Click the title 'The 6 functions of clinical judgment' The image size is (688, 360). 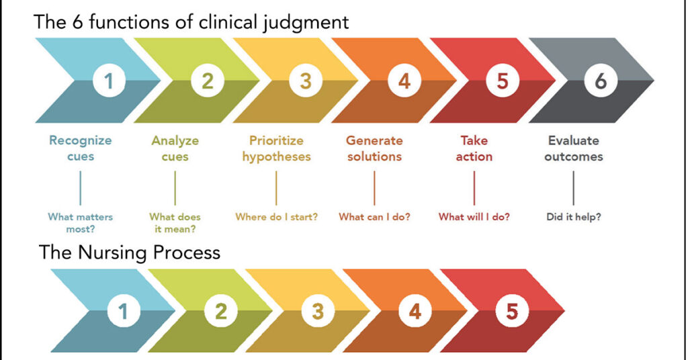tap(191, 21)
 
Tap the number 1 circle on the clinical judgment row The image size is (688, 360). tap(108, 81)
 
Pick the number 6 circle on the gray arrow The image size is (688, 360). tap(601, 81)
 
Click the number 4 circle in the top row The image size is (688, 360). tap(404, 81)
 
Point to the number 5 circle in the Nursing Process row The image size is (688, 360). tap(511, 312)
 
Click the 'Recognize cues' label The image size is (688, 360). tap(81, 148)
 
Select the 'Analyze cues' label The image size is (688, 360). tap(175, 148)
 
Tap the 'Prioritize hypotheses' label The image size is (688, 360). tap(276, 148)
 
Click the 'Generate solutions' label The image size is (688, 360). tap(374, 148)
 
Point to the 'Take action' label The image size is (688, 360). tap(474, 148)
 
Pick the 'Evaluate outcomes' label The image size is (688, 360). tap(574, 148)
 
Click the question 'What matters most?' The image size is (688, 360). tap(81, 223)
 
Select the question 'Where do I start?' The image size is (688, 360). tap(276, 217)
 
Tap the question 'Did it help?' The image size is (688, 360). tap(574, 217)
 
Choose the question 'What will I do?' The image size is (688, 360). tap(474, 217)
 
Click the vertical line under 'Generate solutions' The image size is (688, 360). tap(374, 187)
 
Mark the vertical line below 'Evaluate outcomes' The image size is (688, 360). tap(574, 187)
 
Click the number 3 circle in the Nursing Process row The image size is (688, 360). tap(318, 312)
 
